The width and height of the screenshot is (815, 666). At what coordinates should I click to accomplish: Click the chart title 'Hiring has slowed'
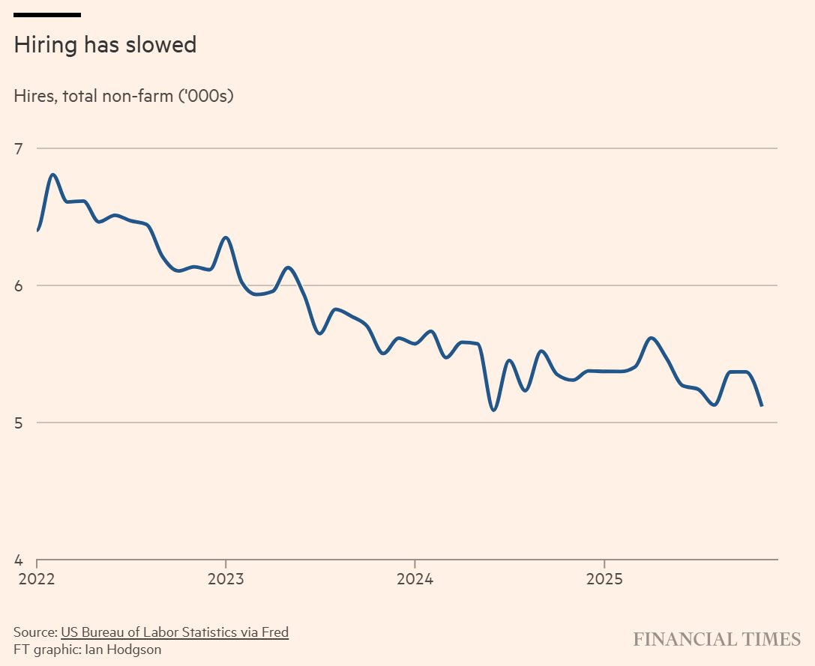tap(105, 45)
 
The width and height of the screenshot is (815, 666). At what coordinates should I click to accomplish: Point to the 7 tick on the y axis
tap(19, 148)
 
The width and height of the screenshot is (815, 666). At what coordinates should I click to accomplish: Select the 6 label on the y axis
tap(19, 285)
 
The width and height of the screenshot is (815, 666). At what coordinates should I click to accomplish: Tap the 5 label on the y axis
tap(19, 423)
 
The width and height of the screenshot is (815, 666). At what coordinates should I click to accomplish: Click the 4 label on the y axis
tap(19, 560)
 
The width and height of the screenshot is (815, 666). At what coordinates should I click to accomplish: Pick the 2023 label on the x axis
tap(225, 578)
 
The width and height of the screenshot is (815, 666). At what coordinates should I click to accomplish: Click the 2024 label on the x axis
tap(415, 578)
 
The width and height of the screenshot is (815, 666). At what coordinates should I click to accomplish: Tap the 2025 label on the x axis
tap(604, 578)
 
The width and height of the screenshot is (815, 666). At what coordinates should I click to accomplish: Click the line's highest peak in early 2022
tap(53, 175)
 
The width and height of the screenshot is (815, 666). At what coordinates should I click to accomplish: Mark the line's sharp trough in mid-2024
tap(493, 410)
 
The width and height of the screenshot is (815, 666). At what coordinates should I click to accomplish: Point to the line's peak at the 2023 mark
tap(225, 237)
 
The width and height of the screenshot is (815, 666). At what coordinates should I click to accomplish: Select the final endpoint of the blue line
tap(762, 405)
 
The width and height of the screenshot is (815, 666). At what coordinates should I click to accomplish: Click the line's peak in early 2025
tap(651, 338)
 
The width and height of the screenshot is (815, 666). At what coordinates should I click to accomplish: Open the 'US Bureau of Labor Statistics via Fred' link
tap(175, 632)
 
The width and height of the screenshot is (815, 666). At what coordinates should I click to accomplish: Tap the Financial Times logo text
tap(717, 639)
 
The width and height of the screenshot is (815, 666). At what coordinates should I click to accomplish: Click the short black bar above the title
tap(47, 14)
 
